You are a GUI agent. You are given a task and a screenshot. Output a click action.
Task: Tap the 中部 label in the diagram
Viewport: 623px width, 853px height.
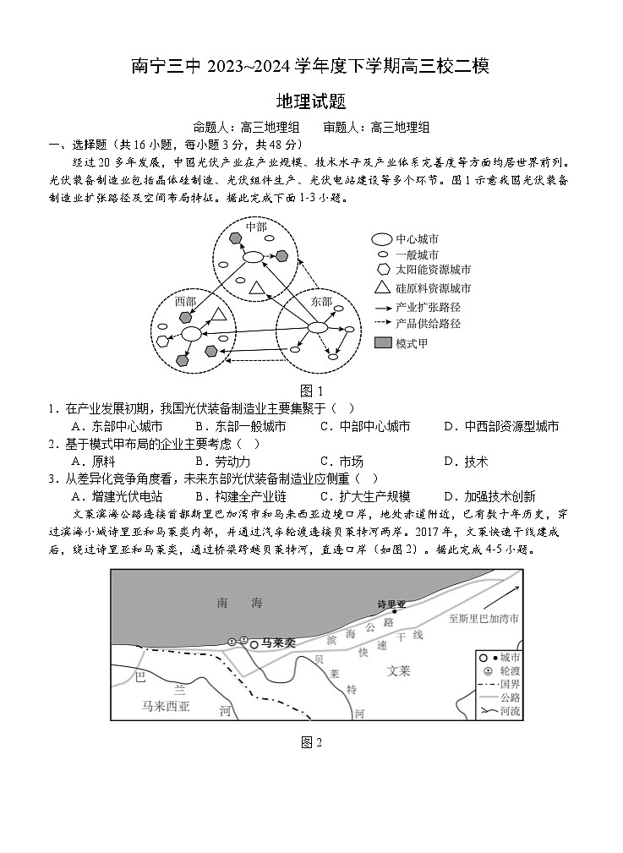(x=255, y=227)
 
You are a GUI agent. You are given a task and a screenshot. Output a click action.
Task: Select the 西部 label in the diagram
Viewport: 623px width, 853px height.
(x=185, y=301)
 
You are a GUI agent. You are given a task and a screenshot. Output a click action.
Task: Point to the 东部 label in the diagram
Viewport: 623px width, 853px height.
(x=321, y=301)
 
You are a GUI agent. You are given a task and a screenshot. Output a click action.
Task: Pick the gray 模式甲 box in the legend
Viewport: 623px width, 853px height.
(x=382, y=343)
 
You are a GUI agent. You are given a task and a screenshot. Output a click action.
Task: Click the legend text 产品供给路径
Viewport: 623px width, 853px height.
(x=428, y=323)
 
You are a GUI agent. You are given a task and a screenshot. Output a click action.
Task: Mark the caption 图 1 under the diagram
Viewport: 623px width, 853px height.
(x=311, y=391)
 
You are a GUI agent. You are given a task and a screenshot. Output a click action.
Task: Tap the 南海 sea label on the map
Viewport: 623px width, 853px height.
(x=240, y=603)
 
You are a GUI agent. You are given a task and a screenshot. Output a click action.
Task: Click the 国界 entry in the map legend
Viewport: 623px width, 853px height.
(x=509, y=683)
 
